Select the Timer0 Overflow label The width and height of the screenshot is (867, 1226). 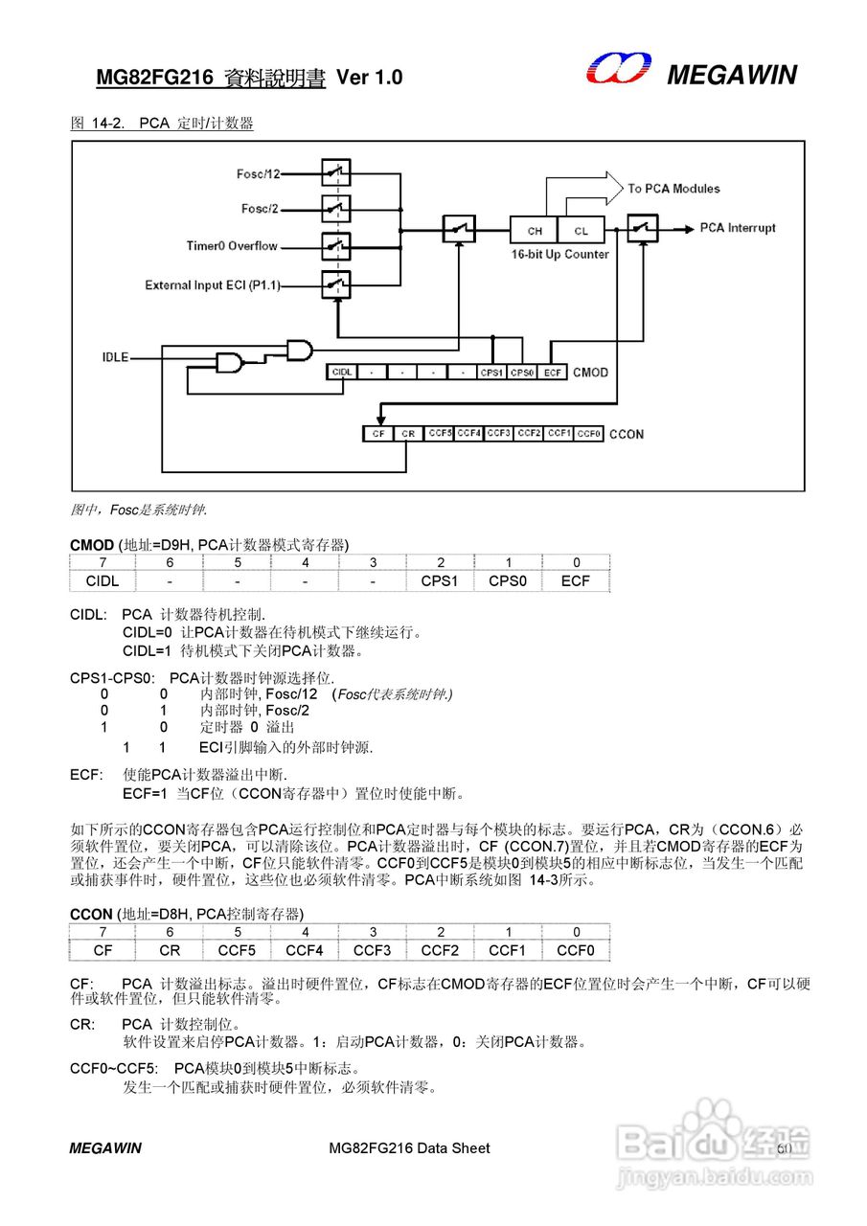point(232,246)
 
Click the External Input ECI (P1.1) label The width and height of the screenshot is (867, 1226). point(219,285)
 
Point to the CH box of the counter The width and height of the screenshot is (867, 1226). point(535,231)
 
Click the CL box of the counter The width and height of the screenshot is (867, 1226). point(582,231)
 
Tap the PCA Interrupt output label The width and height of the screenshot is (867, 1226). point(737,228)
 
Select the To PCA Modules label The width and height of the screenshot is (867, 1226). point(673,189)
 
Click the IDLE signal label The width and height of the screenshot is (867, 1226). point(115,358)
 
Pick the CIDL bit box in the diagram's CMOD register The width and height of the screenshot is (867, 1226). point(340,372)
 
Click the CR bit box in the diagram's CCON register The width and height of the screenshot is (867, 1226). point(408,434)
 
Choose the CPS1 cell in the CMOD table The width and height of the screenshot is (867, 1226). point(440,580)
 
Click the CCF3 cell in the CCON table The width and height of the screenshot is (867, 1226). point(372,950)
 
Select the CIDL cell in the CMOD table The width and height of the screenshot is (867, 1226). point(103,580)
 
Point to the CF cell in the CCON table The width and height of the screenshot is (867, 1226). point(103,950)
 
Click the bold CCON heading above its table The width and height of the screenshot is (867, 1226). point(91,915)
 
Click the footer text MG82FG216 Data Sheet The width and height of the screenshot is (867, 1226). point(408,1147)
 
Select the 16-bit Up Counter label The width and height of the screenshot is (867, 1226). point(559,254)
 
